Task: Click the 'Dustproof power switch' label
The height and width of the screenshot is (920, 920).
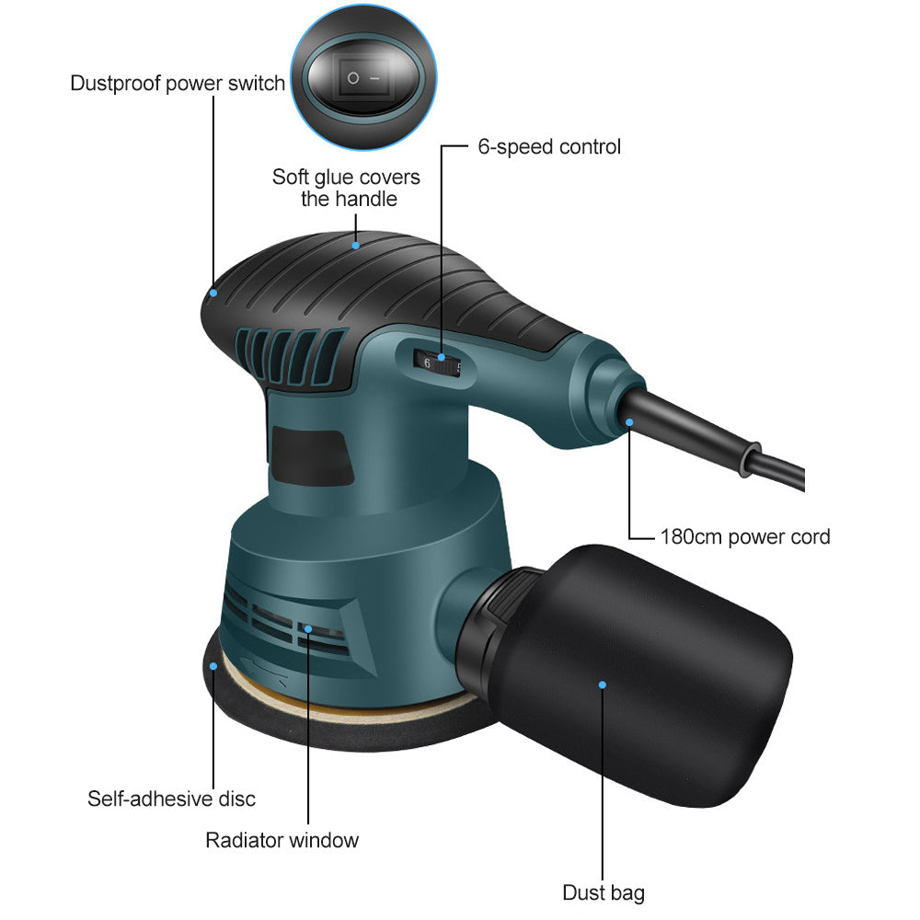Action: click(178, 84)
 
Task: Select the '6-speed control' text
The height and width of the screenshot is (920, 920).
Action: click(549, 146)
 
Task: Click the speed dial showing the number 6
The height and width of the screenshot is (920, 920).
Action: click(437, 363)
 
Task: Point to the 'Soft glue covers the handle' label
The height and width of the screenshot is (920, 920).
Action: click(346, 188)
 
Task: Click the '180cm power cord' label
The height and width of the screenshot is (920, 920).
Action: click(745, 537)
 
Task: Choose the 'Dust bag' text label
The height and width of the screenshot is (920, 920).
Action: click(604, 892)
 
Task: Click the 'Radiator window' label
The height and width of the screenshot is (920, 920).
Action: click(282, 840)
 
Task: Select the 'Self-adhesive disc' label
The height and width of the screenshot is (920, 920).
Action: click(171, 799)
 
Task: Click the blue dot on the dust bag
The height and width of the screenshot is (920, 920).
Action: click(603, 684)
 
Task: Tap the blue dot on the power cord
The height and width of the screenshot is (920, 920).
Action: click(629, 422)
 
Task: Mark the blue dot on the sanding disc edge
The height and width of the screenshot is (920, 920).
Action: click(213, 666)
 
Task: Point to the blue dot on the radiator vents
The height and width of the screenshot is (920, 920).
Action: click(308, 629)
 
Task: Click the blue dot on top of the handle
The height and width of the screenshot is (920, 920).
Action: click(355, 246)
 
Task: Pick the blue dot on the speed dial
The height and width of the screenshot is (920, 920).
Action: click(442, 357)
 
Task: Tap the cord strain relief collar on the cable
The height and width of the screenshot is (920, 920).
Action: click(750, 458)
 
